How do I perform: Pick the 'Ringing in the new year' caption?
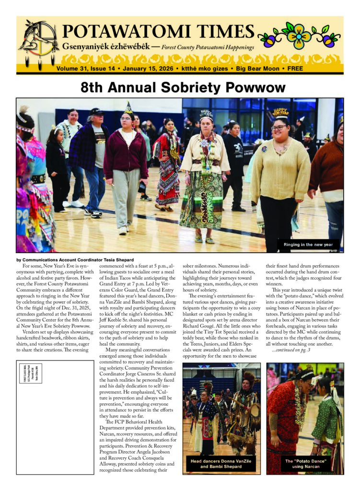(308, 245)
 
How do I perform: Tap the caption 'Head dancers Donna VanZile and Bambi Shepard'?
(221, 464)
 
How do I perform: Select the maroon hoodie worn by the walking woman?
(126, 153)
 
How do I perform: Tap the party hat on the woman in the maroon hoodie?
(128, 108)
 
